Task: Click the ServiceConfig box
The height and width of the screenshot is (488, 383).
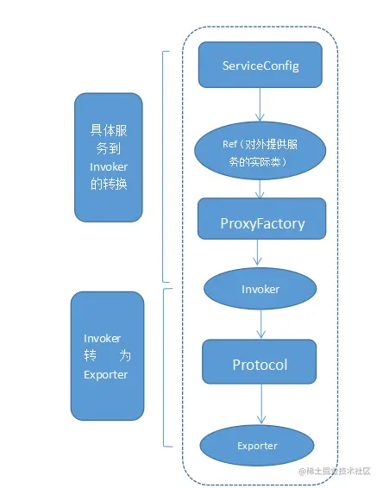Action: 260,66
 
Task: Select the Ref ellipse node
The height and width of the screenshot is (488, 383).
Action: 260,152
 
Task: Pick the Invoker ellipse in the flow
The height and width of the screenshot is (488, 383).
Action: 260,289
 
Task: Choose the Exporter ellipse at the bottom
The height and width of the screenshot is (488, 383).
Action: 257,446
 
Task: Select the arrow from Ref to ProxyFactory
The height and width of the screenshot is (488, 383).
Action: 260,188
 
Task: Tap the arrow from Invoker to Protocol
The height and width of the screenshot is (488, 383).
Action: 260,322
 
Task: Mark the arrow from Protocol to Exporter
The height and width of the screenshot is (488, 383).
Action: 260,404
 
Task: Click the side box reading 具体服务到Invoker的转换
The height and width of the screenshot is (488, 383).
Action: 108,156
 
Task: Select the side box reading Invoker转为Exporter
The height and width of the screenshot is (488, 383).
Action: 108,355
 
